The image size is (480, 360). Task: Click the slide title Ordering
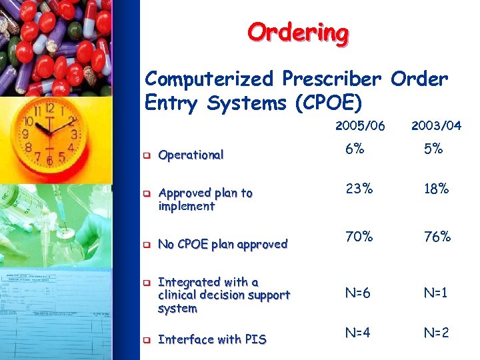click(x=297, y=31)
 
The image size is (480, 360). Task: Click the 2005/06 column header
click(x=359, y=126)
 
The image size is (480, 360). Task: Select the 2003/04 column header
click(x=436, y=126)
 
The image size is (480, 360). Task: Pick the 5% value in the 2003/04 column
click(x=435, y=149)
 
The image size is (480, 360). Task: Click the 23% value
click(x=359, y=189)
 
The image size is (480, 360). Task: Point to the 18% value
click(x=436, y=189)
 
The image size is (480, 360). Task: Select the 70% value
click(x=359, y=236)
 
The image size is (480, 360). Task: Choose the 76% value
click(x=436, y=236)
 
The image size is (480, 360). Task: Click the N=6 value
click(x=359, y=294)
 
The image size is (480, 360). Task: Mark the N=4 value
click(x=359, y=332)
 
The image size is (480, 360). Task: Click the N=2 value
click(x=436, y=332)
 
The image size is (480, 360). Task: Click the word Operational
click(x=191, y=155)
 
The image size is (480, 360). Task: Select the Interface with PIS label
click(x=212, y=339)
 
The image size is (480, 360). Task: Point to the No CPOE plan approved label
click(x=223, y=244)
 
